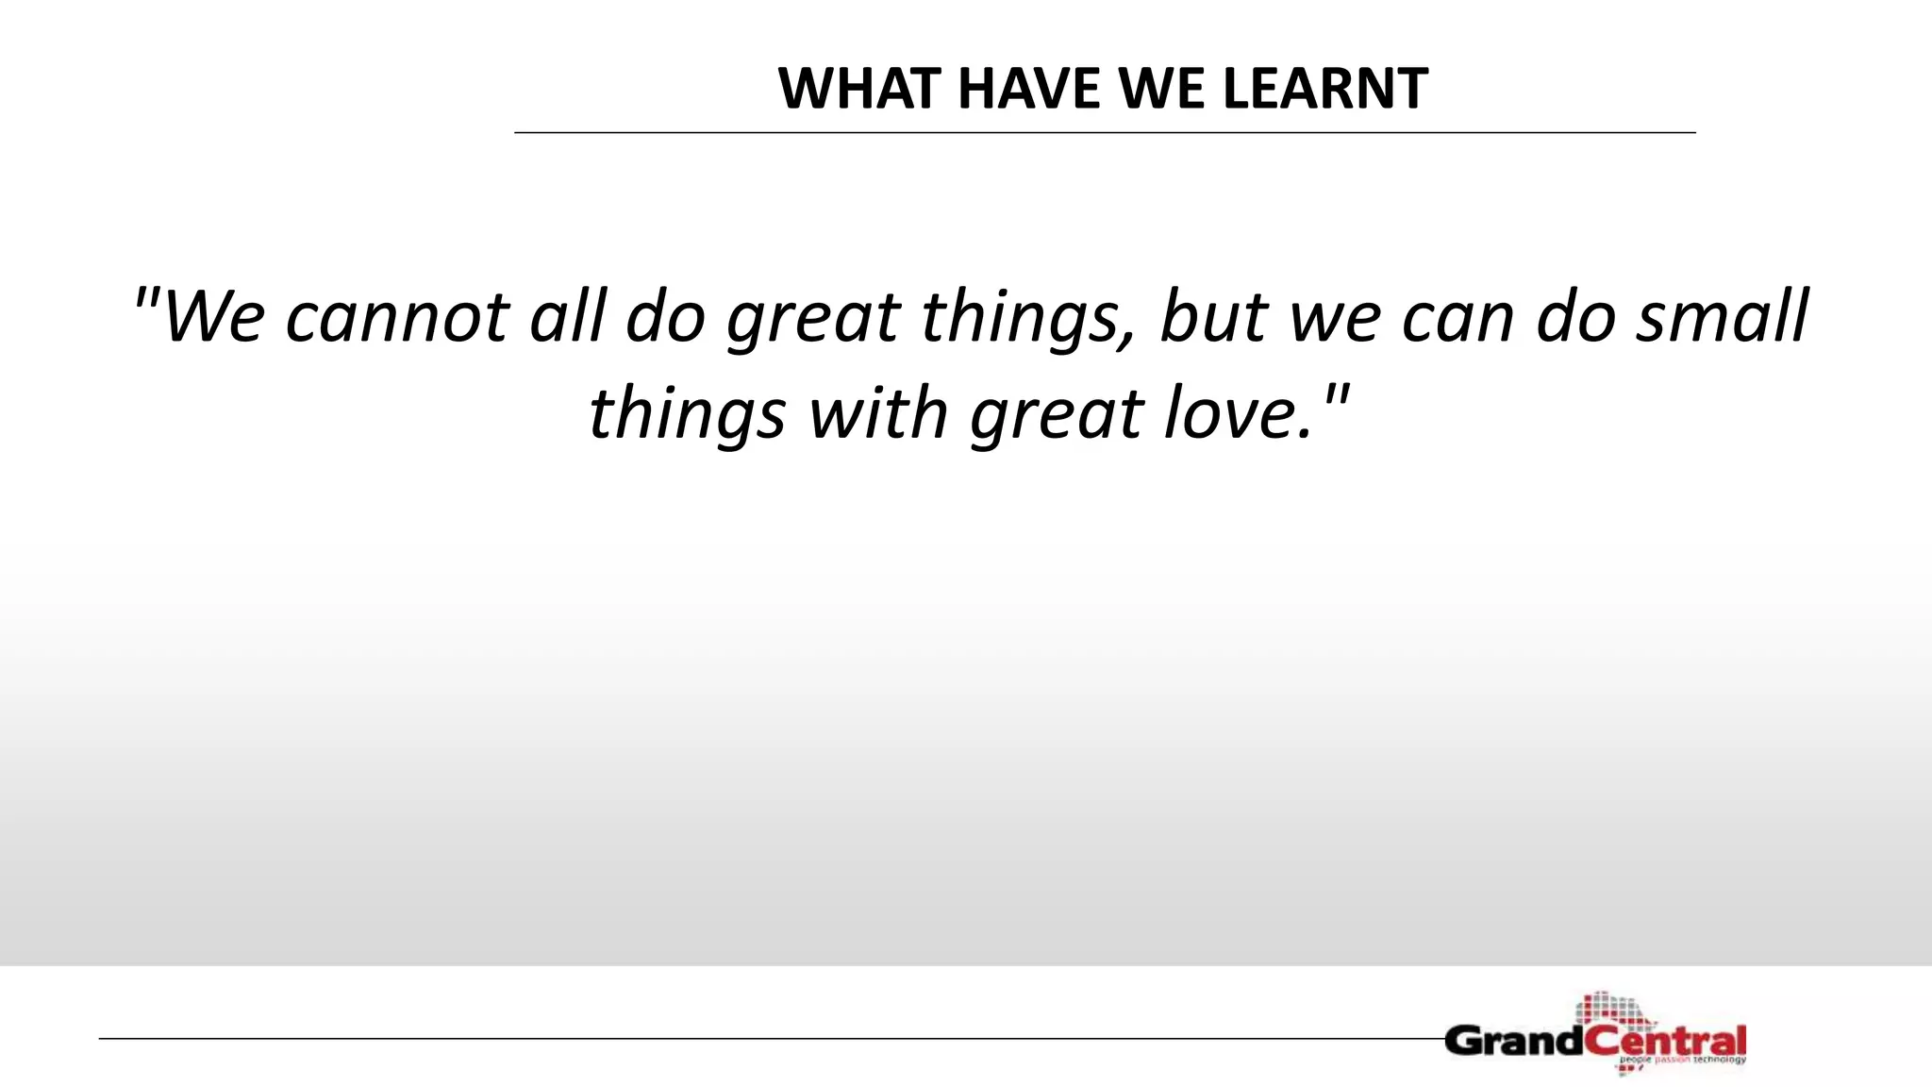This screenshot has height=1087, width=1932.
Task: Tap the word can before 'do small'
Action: [1458, 319]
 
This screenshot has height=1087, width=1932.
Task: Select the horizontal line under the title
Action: [1104, 133]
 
